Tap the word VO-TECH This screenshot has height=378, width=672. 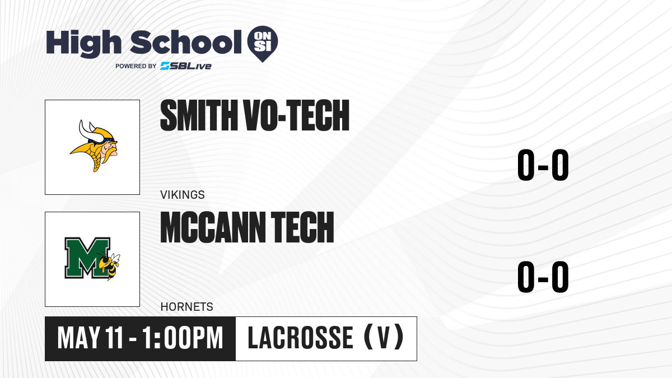coord(297,115)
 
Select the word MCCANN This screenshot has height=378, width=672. coord(213,227)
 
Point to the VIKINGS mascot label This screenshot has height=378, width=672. coord(183,195)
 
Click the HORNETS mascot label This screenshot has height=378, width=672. coord(186,307)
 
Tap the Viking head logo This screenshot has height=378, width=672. coord(94,146)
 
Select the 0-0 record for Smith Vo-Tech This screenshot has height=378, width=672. coord(543,165)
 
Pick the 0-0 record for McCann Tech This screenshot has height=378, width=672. coord(543,277)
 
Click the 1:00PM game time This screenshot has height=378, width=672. coord(183,338)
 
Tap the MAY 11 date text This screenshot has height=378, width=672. coord(90,338)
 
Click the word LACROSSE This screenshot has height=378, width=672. coord(300,338)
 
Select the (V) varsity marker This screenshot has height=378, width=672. coord(384,337)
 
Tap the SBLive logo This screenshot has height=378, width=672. coord(186,66)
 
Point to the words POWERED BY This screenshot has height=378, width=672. coord(136,66)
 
